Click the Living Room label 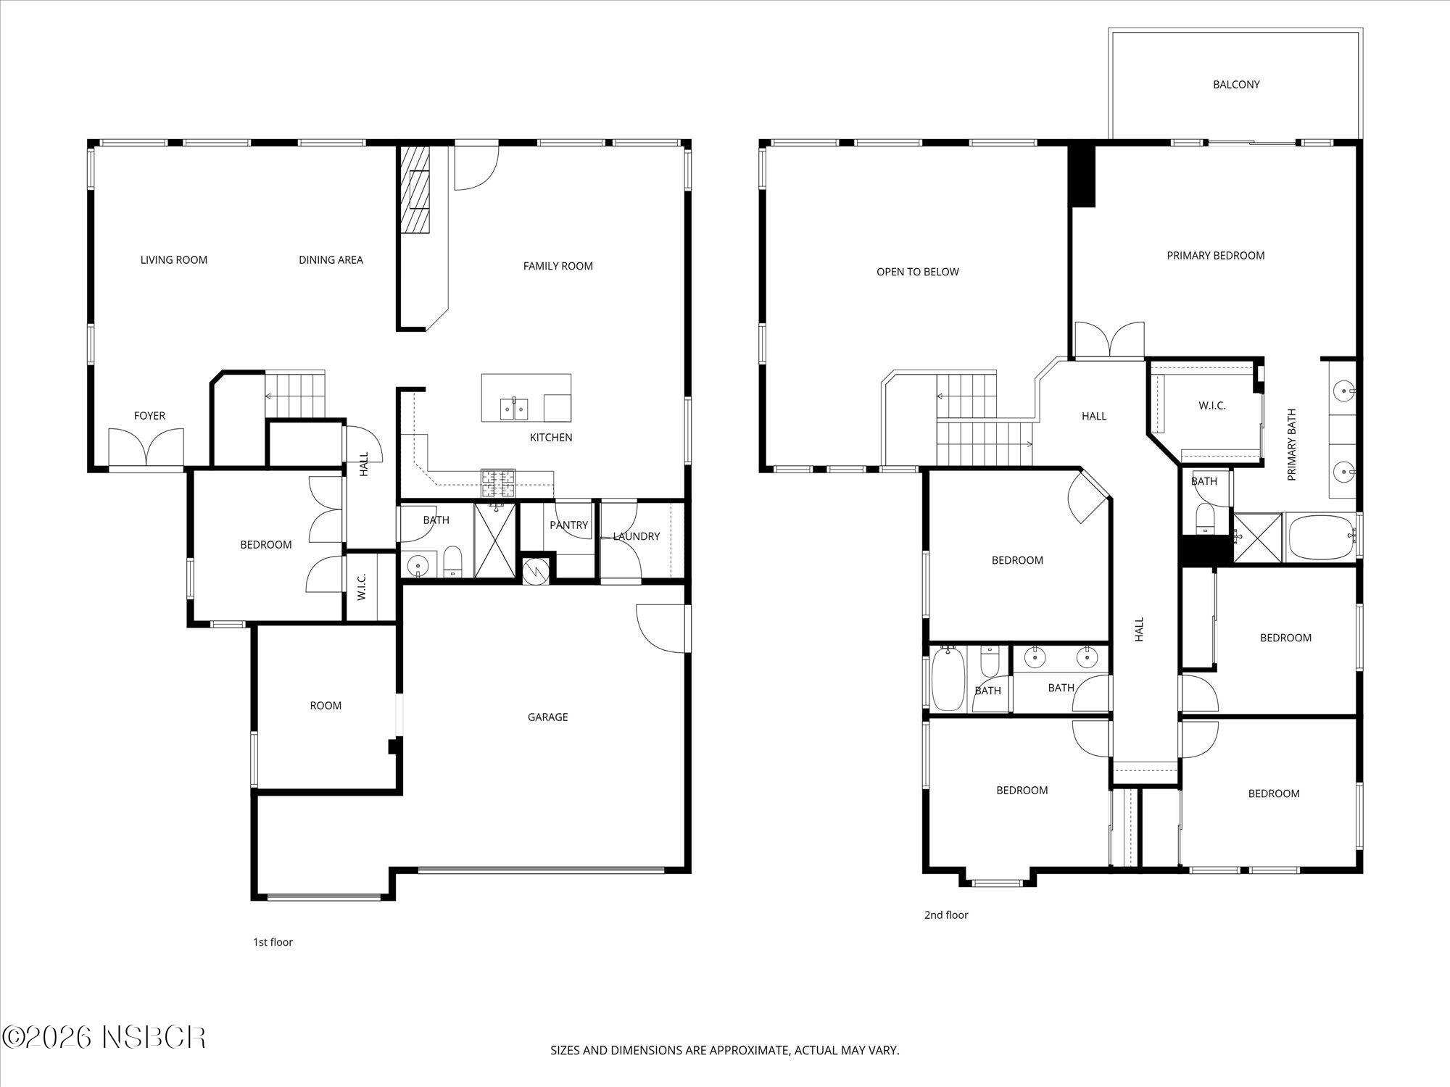173,259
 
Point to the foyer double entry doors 146,447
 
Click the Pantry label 568,525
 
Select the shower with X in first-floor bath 495,540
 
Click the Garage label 547,717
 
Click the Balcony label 1236,84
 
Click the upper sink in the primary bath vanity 1344,391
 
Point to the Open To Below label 917,272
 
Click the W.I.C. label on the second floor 1211,406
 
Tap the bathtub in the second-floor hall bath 947,680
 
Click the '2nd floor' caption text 945,915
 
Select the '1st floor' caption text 273,942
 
